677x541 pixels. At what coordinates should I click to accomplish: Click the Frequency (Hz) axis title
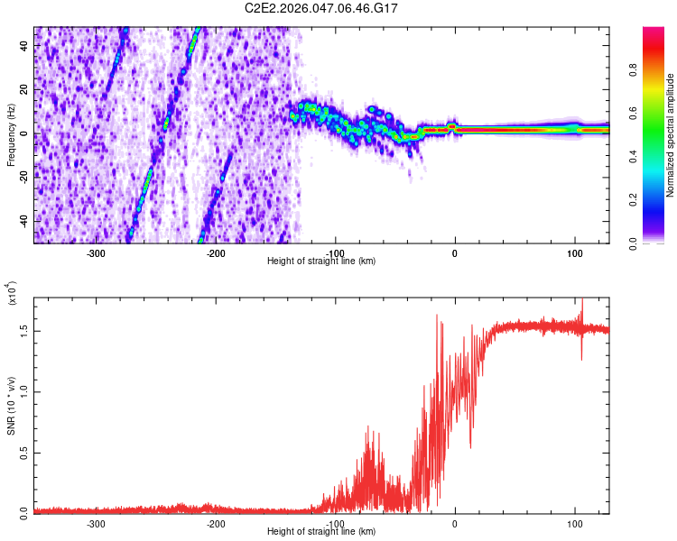11,134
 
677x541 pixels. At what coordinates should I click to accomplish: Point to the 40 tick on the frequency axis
24,46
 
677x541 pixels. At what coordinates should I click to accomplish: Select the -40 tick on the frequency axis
23,222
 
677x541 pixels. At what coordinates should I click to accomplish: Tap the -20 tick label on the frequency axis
23,178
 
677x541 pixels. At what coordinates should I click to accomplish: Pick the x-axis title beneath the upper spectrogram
321,261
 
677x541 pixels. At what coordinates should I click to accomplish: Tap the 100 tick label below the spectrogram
575,253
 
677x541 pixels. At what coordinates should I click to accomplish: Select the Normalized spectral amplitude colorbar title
671,135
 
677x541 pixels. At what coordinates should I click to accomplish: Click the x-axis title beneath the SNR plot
321,531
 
